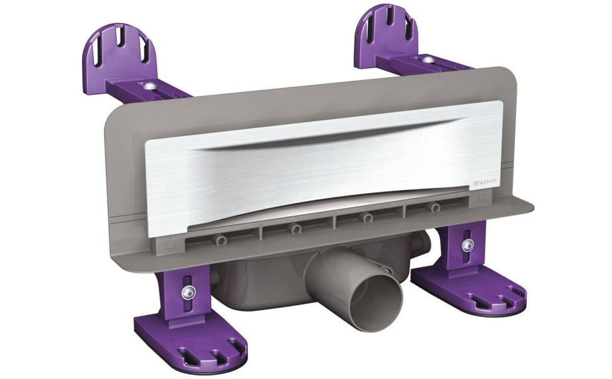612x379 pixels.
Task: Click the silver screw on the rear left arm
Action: [x=151, y=85]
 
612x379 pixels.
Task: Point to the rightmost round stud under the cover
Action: [x=434, y=208]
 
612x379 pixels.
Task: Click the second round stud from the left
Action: [x=295, y=228]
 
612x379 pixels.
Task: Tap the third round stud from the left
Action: [x=367, y=218]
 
